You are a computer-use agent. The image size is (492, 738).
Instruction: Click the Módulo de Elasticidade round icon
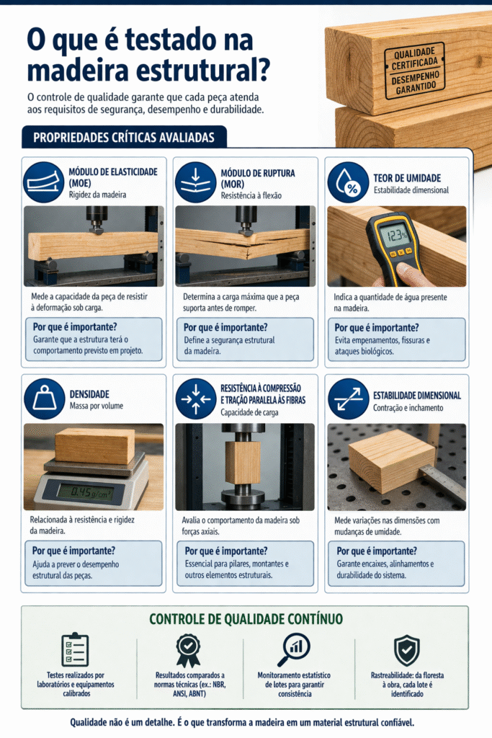(x=44, y=182)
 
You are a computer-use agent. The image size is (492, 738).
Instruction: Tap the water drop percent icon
(x=349, y=182)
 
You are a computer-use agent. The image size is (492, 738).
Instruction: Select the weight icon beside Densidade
(x=44, y=399)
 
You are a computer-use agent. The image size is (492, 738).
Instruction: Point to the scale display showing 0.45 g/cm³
(x=86, y=493)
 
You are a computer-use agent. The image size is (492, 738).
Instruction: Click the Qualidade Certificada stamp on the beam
(x=414, y=71)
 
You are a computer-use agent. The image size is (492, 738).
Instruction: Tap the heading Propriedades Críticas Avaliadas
(x=124, y=138)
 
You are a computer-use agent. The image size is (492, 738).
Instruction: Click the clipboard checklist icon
(x=75, y=650)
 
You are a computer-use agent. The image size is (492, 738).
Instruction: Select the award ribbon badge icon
(x=188, y=650)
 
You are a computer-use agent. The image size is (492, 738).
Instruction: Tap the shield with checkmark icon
(x=406, y=650)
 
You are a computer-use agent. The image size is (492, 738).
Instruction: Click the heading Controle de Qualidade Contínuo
(x=246, y=619)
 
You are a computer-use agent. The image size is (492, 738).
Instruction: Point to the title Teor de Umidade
(x=407, y=178)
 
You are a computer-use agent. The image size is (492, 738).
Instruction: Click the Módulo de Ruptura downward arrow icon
(x=196, y=182)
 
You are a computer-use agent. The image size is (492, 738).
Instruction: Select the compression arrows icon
(x=196, y=399)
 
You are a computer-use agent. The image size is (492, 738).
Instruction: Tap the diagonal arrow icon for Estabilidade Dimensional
(x=349, y=399)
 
